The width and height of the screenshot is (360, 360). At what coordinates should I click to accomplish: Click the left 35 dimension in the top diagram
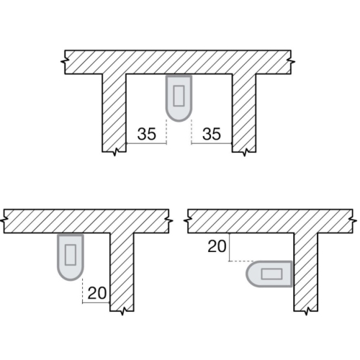(147, 133)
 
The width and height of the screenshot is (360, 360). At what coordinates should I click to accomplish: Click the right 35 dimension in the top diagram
(212, 133)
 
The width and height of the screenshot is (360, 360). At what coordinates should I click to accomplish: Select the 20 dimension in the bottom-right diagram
(216, 247)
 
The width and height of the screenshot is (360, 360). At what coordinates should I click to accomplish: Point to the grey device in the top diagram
(179, 96)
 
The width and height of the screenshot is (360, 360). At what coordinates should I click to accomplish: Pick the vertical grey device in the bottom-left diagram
(70, 256)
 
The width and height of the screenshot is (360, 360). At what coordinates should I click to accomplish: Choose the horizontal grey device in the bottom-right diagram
(269, 274)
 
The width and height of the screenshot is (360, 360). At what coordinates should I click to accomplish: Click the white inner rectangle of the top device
(179, 93)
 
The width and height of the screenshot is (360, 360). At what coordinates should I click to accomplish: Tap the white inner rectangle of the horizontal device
(273, 274)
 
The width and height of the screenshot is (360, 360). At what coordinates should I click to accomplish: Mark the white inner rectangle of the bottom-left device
(70, 253)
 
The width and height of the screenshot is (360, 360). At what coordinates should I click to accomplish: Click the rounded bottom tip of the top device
(179, 117)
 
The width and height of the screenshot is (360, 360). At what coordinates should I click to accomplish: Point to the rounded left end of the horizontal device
(249, 274)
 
